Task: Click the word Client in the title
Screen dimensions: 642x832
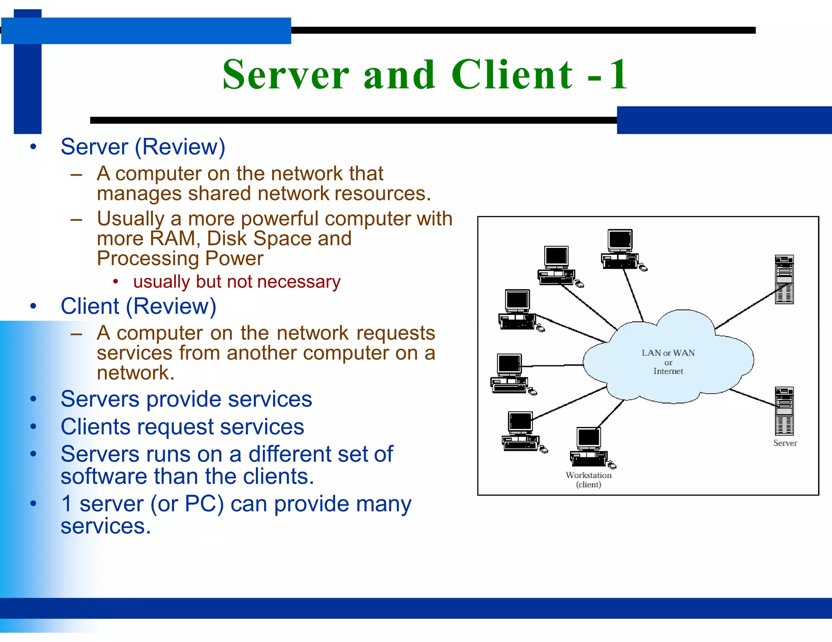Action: tap(512, 75)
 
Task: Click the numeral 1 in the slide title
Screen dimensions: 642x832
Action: tap(618, 75)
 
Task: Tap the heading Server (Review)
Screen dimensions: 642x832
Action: tap(143, 147)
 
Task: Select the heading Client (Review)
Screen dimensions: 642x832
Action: tap(138, 306)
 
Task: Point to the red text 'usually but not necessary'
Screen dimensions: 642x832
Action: tap(236, 282)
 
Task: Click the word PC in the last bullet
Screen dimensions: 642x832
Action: tap(204, 504)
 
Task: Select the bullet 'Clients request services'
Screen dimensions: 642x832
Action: tap(182, 427)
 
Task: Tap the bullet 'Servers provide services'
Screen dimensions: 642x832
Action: tap(186, 399)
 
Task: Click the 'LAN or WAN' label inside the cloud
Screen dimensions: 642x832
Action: tap(668, 353)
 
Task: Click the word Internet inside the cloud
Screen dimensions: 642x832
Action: tap(668, 371)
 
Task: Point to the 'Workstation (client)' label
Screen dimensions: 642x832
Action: tap(588, 480)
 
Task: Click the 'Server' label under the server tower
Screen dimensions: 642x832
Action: tap(785, 443)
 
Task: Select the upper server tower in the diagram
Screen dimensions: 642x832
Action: tap(784, 279)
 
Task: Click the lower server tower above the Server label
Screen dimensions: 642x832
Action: tap(784, 411)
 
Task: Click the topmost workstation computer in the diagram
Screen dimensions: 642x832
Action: tap(621, 249)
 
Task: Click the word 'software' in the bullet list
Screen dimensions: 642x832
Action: tap(104, 477)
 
